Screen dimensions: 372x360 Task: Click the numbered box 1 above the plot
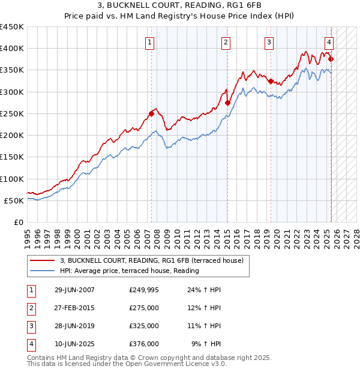149,42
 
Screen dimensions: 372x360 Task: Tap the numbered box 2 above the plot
226,42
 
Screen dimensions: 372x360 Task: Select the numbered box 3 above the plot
269,42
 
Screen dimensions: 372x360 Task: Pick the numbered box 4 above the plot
329,42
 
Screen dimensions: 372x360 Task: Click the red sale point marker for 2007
151,113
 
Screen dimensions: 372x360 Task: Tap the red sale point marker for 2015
227,103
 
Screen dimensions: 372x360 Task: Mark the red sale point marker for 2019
271,81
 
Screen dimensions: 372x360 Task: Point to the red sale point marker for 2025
331,59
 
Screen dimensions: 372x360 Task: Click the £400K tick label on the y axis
12,49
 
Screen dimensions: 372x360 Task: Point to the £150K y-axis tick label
12,157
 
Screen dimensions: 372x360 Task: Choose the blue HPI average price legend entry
129,271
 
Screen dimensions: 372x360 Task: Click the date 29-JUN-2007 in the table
74,289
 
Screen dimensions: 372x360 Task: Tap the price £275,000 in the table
144,308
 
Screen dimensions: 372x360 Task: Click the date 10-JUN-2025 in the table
74,344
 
